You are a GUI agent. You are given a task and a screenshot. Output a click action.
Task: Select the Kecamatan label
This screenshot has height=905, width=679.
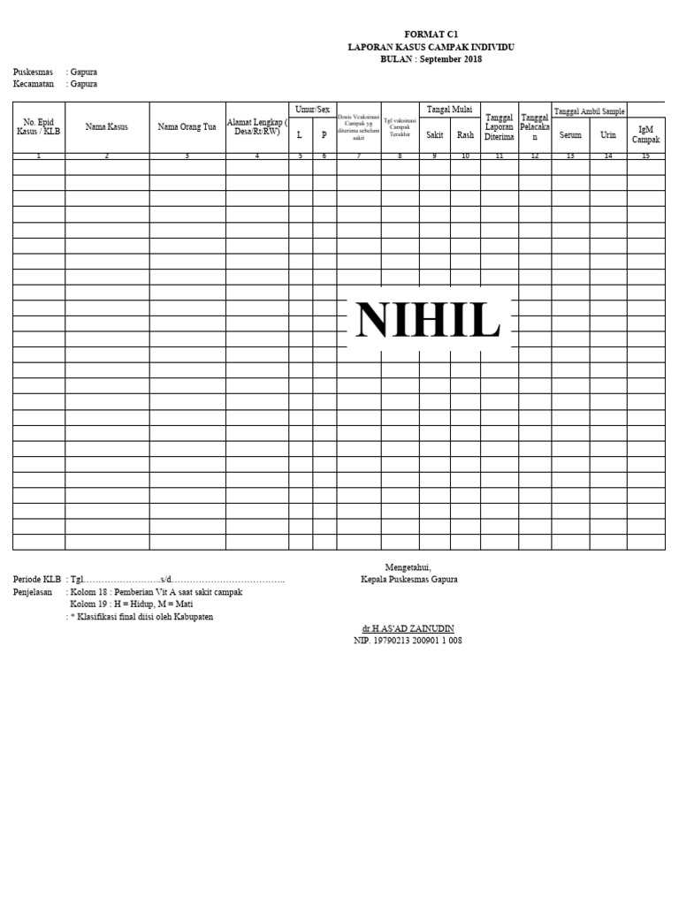(x=34, y=84)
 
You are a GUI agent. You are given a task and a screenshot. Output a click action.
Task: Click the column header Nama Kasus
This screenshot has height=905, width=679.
(x=107, y=126)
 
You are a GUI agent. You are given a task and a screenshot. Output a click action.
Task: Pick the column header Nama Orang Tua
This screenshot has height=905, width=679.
(x=187, y=126)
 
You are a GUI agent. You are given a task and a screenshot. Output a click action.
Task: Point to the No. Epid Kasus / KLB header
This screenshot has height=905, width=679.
(x=39, y=126)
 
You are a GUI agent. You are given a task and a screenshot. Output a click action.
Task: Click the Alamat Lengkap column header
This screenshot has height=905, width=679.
(x=256, y=126)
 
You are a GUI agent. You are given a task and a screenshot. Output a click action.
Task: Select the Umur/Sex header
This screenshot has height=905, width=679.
(x=312, y=110)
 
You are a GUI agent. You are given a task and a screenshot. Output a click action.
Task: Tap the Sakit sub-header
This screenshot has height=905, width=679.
(x=434, y=135)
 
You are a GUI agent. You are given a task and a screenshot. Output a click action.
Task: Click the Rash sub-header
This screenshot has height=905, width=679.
(x=465, y=135)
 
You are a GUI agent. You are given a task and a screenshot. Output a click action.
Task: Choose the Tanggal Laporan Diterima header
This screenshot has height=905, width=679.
(x=500, y=127)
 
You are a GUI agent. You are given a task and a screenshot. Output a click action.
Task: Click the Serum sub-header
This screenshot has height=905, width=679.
(x=570, y=135)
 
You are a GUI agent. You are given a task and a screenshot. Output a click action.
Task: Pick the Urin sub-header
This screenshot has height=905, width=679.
(x=608, y=135)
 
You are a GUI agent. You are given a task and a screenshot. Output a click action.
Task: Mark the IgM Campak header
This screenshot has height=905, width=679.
(x=645, y=134)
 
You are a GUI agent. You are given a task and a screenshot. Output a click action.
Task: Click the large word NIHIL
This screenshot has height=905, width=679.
(x=428, y=320)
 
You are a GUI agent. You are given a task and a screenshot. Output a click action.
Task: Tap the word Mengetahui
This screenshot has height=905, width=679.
(x=408, y=567)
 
